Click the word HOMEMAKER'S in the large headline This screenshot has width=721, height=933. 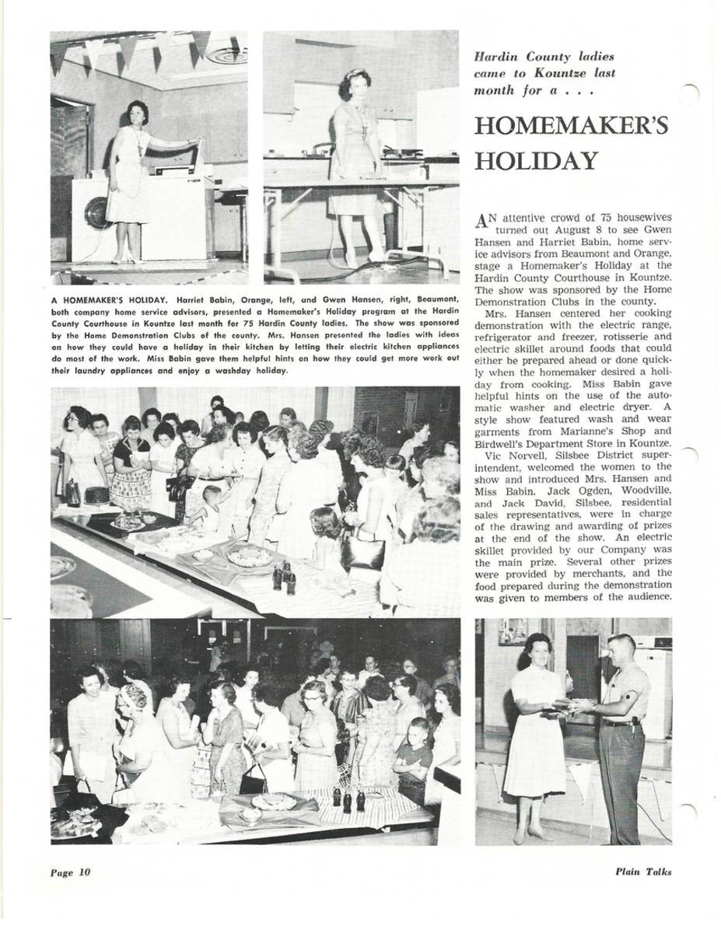point(571,126)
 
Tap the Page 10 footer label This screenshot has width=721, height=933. point(70,872)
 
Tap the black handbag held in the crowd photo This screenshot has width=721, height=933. point(362,550)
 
